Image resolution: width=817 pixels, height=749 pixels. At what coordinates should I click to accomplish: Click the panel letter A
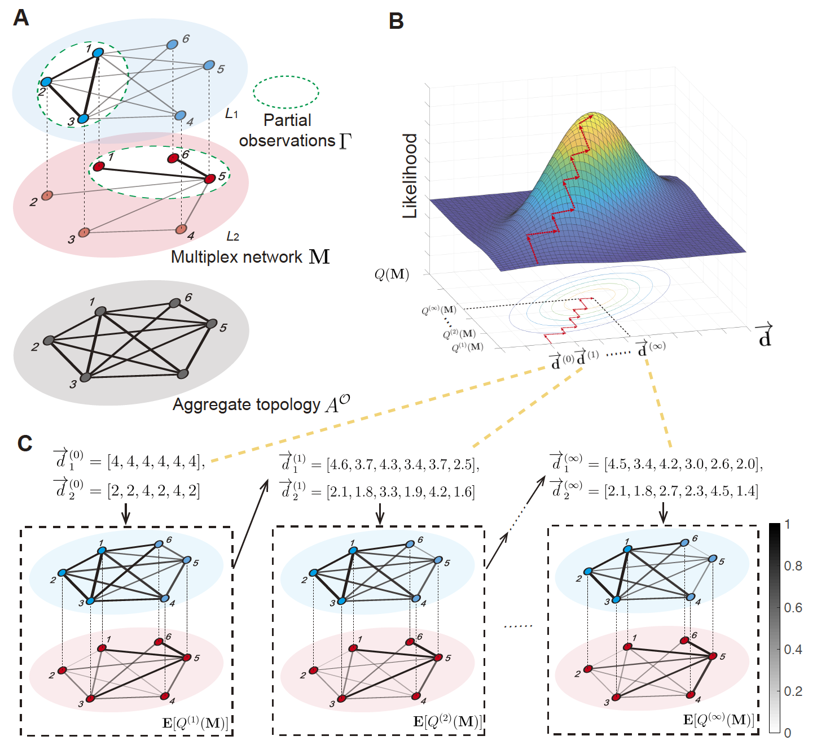(x=21, y=18)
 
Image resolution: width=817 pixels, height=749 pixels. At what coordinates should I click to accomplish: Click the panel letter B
(x=396, y=21)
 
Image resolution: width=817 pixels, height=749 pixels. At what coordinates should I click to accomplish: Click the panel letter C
(x=25, y=443)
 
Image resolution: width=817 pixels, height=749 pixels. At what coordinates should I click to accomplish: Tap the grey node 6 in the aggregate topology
(x=175, y=303)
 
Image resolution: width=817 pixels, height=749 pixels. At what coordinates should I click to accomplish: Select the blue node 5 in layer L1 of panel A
(x=209, y=66)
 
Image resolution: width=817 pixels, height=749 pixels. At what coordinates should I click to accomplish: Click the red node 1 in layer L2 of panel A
(x=99, y=167)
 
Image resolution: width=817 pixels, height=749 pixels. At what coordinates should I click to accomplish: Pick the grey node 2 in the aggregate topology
(x=49, y=341)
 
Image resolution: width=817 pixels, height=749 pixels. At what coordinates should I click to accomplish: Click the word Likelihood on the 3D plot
(x=410, y=176)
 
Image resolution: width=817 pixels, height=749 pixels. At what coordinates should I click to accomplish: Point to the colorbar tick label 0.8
(x=793, y=566)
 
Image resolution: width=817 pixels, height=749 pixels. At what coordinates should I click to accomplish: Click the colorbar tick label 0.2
(x=793, y=691)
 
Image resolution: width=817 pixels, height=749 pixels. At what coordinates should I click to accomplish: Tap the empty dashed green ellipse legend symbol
(x=286, y=92)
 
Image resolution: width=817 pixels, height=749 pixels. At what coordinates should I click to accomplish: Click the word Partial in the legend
(x=287, y=120)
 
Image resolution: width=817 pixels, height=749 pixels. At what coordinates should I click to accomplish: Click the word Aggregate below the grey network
(x=207, y=404)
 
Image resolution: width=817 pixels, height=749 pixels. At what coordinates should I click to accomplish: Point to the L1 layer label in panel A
(x=231, y=114)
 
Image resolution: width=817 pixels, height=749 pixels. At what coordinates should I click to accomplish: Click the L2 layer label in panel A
(x=232, y=236)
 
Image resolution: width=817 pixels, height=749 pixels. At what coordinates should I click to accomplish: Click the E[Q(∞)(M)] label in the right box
(x=718, y=720)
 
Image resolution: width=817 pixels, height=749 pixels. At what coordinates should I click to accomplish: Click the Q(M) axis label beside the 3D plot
(x=392, y=275)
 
